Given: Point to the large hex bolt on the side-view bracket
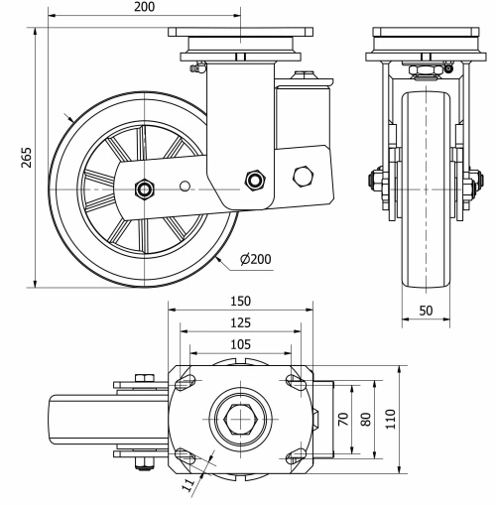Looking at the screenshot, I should (303, 176).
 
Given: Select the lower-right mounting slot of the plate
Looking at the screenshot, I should (295, 456).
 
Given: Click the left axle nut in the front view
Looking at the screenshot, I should (376, 183).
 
